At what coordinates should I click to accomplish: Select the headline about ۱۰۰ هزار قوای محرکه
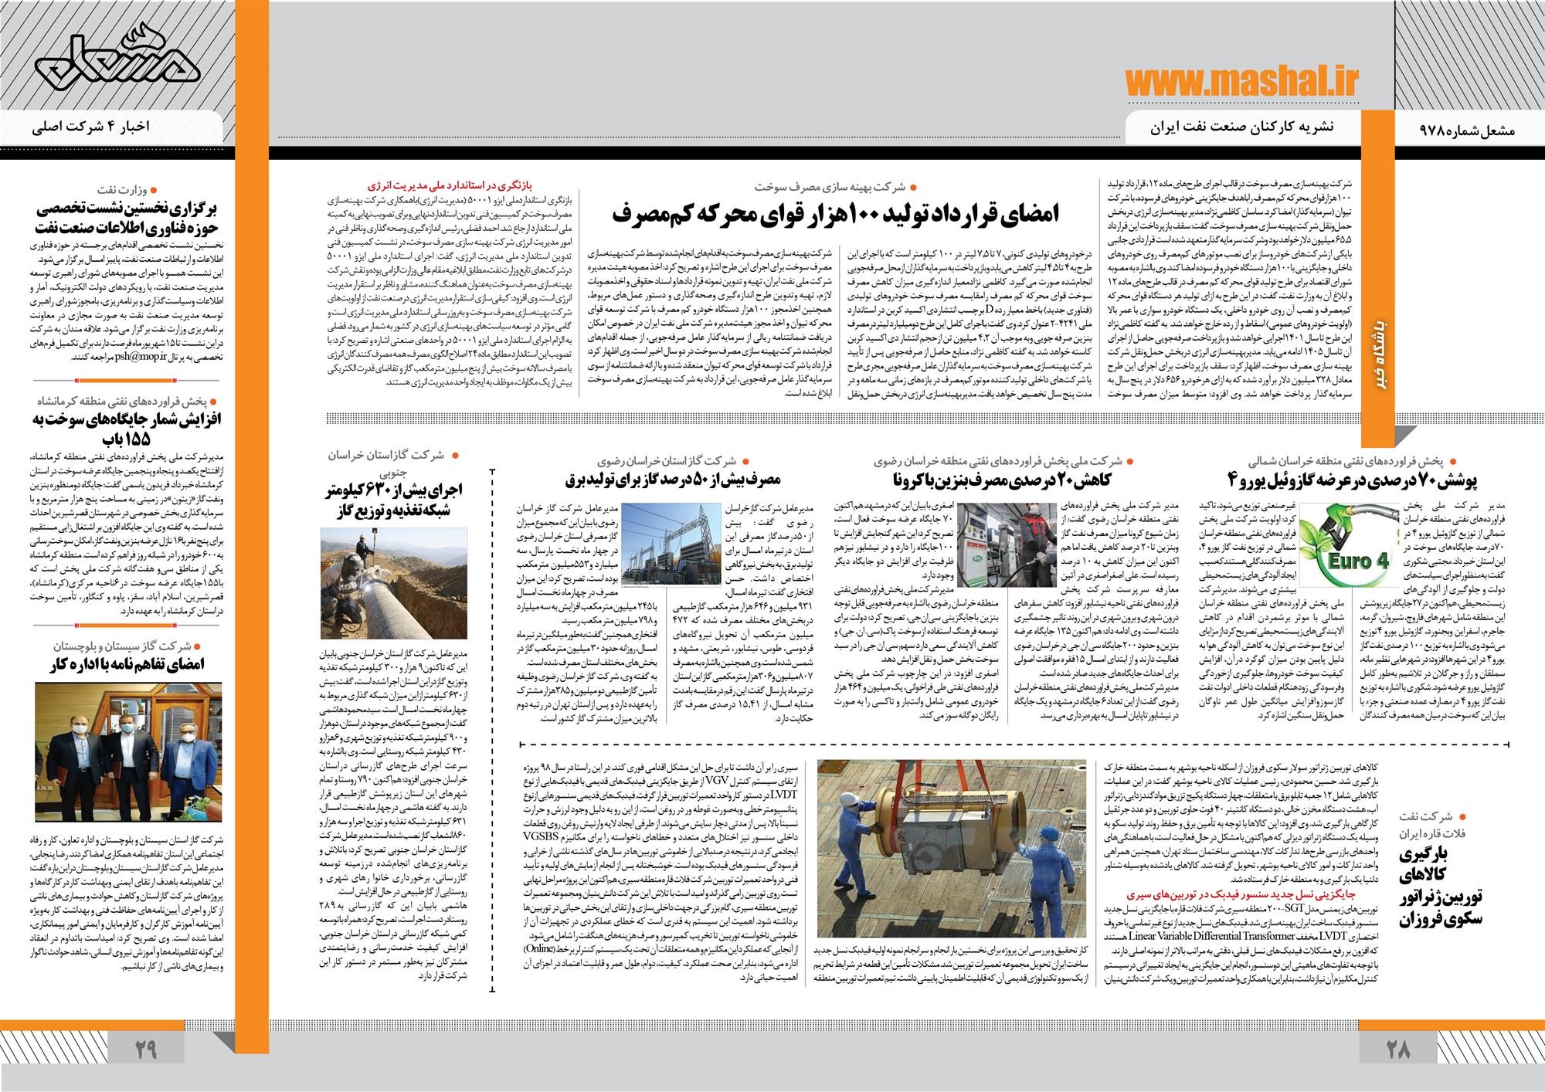tap(839, 215)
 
